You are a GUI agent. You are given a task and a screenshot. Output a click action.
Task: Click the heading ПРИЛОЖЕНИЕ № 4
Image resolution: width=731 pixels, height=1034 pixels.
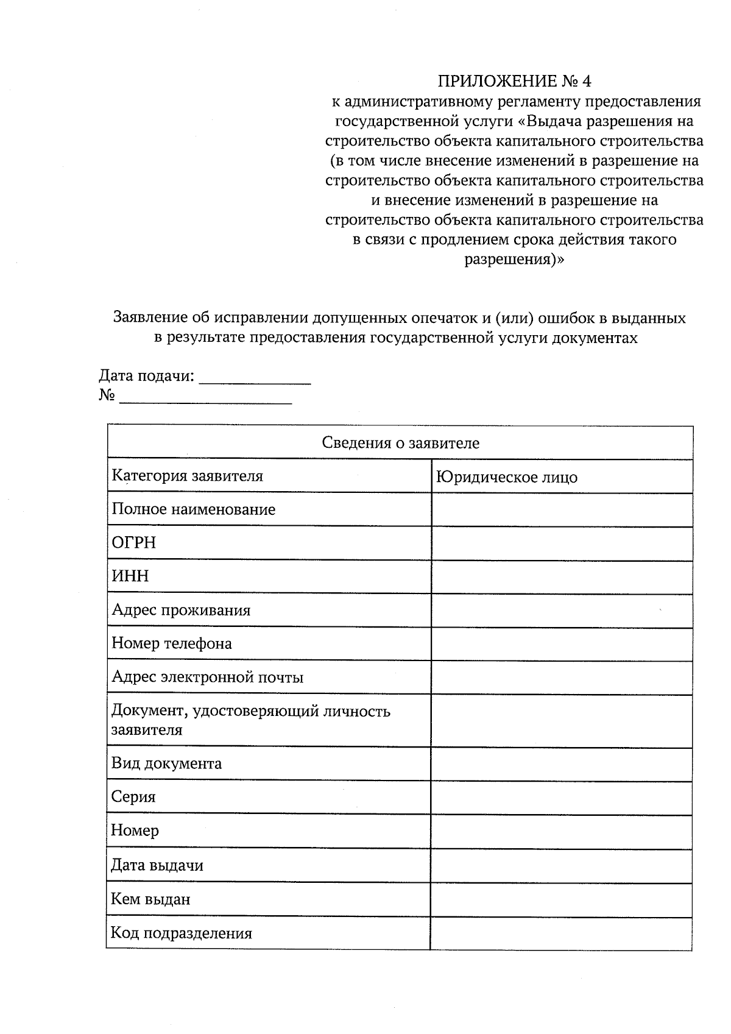point(514,81)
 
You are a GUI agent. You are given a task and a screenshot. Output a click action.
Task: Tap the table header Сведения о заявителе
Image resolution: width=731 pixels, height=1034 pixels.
point(400,443)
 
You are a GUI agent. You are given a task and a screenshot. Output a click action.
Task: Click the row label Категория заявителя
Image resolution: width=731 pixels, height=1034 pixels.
point(187,476)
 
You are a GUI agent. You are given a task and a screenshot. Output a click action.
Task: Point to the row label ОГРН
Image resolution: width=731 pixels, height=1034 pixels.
point(133,543)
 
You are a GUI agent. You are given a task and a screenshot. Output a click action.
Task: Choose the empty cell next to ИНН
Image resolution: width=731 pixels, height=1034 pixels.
point(561,577)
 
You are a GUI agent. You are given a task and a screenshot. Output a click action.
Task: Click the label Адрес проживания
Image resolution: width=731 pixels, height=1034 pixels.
point(181,610)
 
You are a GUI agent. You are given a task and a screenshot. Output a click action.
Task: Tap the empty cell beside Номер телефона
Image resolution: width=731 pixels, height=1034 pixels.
point(561,644)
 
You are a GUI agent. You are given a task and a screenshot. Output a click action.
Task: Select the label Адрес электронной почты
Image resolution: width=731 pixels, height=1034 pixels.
point(207,677)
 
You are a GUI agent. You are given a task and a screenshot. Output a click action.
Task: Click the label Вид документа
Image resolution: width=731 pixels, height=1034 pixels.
point(166,763)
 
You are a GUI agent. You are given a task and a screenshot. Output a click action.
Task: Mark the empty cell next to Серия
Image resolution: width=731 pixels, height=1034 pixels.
point(561,798)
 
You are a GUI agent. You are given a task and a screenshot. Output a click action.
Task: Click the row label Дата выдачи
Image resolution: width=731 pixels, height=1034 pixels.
point(157,865)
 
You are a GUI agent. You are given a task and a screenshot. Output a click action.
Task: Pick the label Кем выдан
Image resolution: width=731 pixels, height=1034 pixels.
point(150,899)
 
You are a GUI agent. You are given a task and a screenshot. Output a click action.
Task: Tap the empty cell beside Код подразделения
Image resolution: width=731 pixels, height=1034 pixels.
point(561,933)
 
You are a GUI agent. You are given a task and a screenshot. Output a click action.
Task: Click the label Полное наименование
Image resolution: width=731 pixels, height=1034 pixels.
point(193,509)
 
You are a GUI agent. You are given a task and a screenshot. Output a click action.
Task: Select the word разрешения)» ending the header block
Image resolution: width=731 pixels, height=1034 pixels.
point(514,260)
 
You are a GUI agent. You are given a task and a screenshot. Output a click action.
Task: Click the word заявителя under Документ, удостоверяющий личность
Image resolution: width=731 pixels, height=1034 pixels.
point(146,730)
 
